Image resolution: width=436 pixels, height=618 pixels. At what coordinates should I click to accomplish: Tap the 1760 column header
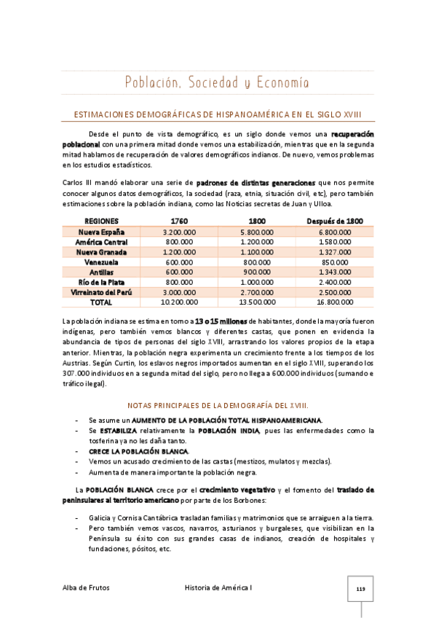178,221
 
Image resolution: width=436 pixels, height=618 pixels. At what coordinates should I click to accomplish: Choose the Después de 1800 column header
335,221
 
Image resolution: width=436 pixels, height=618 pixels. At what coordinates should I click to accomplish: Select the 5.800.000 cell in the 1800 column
257,231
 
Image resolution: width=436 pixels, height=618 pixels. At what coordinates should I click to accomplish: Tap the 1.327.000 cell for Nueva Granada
335,251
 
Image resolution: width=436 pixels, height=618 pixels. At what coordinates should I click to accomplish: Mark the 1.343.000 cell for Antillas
335,271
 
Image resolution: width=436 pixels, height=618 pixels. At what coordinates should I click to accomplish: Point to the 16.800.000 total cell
335,302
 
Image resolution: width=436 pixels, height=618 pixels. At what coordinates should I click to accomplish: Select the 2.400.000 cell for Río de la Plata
335,281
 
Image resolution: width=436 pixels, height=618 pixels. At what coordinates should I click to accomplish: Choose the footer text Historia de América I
218,587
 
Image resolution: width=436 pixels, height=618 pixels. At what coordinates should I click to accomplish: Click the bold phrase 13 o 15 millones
220,320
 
